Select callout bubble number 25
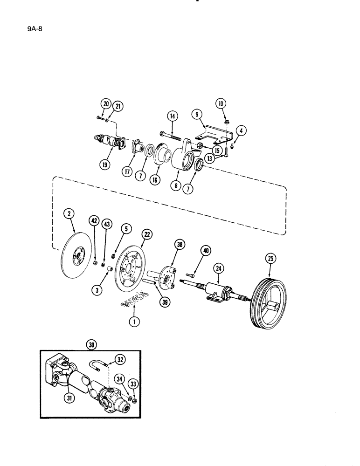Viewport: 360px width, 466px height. click(x=270, y=258)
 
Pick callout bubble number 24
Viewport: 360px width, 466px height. click(x=218, y=268)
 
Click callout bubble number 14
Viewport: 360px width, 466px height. click(x=172, y=116)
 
